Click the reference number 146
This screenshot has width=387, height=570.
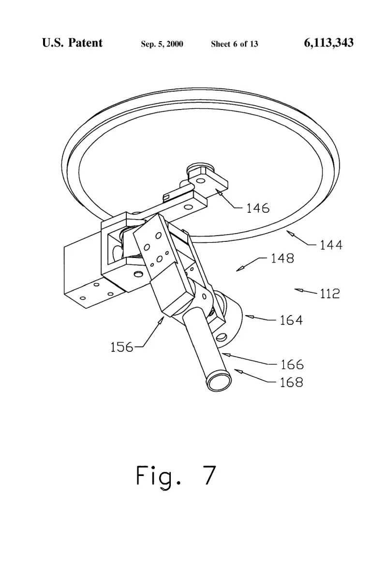(258, 208)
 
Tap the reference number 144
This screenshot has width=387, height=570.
(331, 245)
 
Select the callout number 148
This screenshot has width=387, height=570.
(282, 258)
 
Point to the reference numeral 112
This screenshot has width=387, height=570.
(329, 293)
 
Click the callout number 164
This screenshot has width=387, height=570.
(291, 320)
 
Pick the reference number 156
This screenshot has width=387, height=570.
(122, 347)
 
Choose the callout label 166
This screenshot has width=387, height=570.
(292, 364)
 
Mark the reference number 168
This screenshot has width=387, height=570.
(291, 382)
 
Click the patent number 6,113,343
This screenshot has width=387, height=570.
(328, 43)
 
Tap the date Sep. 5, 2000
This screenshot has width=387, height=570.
(162, 44)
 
